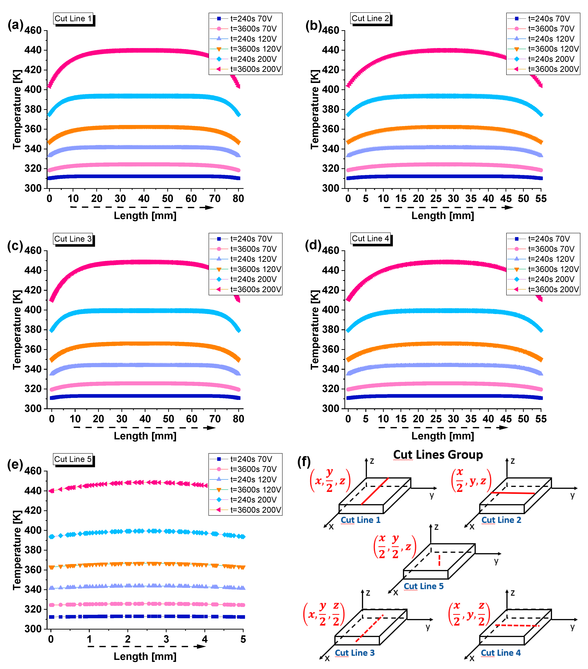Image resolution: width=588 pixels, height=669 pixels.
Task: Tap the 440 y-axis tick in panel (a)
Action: click(x=33, y=50)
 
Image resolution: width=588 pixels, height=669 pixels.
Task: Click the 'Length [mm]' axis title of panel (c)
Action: click(x=145, y=436)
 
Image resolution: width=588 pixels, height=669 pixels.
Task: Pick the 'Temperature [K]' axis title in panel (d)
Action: click(x=315, y=330)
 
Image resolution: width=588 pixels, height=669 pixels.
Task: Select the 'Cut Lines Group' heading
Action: click(x=438, y=455)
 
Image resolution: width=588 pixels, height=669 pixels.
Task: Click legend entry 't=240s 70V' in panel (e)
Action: click(x=251, y=459)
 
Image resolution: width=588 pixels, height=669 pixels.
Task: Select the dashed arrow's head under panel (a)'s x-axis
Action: click(x=210, y=208)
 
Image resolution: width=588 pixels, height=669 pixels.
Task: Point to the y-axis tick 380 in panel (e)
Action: click(x=33, y=550)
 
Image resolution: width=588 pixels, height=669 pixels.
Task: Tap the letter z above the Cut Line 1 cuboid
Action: click(x=372, y=461)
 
